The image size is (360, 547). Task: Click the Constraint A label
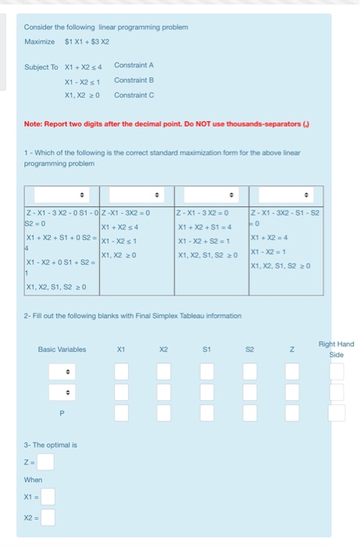point(134,65)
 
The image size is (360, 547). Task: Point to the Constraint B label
point(134,80)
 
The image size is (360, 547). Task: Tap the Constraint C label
point(134,95)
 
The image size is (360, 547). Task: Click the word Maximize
point(39,41)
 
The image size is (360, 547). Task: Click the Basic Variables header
point(62,349)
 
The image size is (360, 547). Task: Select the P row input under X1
point(121,413)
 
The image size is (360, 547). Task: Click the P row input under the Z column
point(292,413)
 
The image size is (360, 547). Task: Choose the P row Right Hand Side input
point(336,413)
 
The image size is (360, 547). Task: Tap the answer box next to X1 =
point(48,496)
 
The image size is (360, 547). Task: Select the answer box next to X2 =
point(48,517)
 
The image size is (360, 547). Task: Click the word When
point(33,480)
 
